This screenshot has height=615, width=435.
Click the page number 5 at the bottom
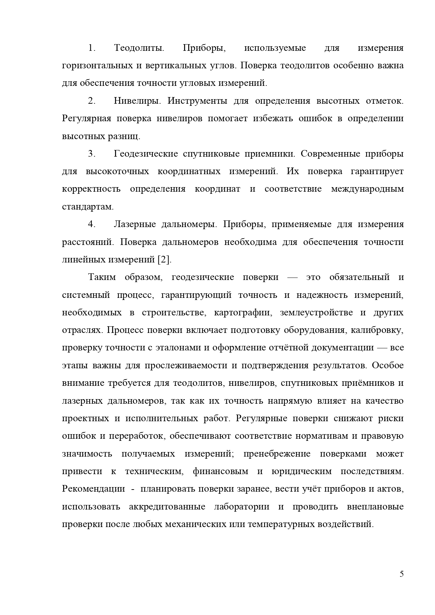[401, 574]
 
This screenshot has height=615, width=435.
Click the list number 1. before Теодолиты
[92, 48]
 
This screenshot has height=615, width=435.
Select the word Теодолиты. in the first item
[139, 48]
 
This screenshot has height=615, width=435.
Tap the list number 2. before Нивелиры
[92, 101]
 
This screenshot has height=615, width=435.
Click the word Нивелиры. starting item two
[137, 101]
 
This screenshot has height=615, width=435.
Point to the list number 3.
[92, 154]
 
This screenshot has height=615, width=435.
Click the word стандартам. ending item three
[88, 207]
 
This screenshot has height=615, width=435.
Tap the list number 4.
[92, 224]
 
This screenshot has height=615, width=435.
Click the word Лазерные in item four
[135, 224]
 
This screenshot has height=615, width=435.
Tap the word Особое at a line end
[388, 365]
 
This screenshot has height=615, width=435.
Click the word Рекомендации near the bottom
[93, 489]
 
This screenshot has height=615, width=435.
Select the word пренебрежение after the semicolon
[277, 454]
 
